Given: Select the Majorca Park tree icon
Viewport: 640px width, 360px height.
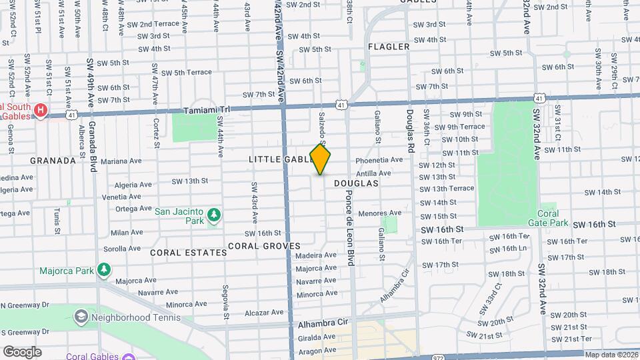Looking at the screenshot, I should [x=103, y=269].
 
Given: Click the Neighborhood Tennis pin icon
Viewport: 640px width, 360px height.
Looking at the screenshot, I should [x=81, y=315].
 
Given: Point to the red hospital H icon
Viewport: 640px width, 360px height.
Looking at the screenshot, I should [x=41, y=109].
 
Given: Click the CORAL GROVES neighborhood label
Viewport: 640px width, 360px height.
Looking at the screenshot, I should [x=264, y=246].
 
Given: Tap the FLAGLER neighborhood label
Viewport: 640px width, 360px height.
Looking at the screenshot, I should [x=388, y=47].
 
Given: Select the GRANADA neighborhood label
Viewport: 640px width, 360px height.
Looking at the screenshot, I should [x=53, y=161].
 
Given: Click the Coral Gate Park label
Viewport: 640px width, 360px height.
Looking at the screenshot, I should [x=548, y=218].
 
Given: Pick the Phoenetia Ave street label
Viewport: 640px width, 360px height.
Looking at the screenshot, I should [x=379, y=160].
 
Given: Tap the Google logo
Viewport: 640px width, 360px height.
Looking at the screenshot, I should [x=23, y=351].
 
